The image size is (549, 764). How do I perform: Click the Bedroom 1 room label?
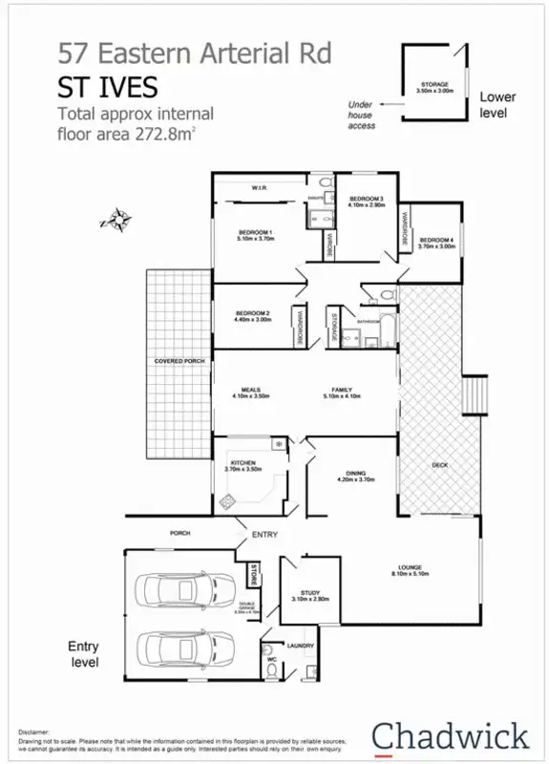coord(255,235)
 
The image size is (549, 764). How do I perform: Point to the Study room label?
coord(309,595)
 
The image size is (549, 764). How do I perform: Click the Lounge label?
coord(411,570)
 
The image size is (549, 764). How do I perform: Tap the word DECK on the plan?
coord(440,465)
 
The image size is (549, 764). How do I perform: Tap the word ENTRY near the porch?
coord(264,534)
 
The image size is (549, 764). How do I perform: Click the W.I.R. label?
coord(258,188)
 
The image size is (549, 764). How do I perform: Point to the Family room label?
coord(341,391)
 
